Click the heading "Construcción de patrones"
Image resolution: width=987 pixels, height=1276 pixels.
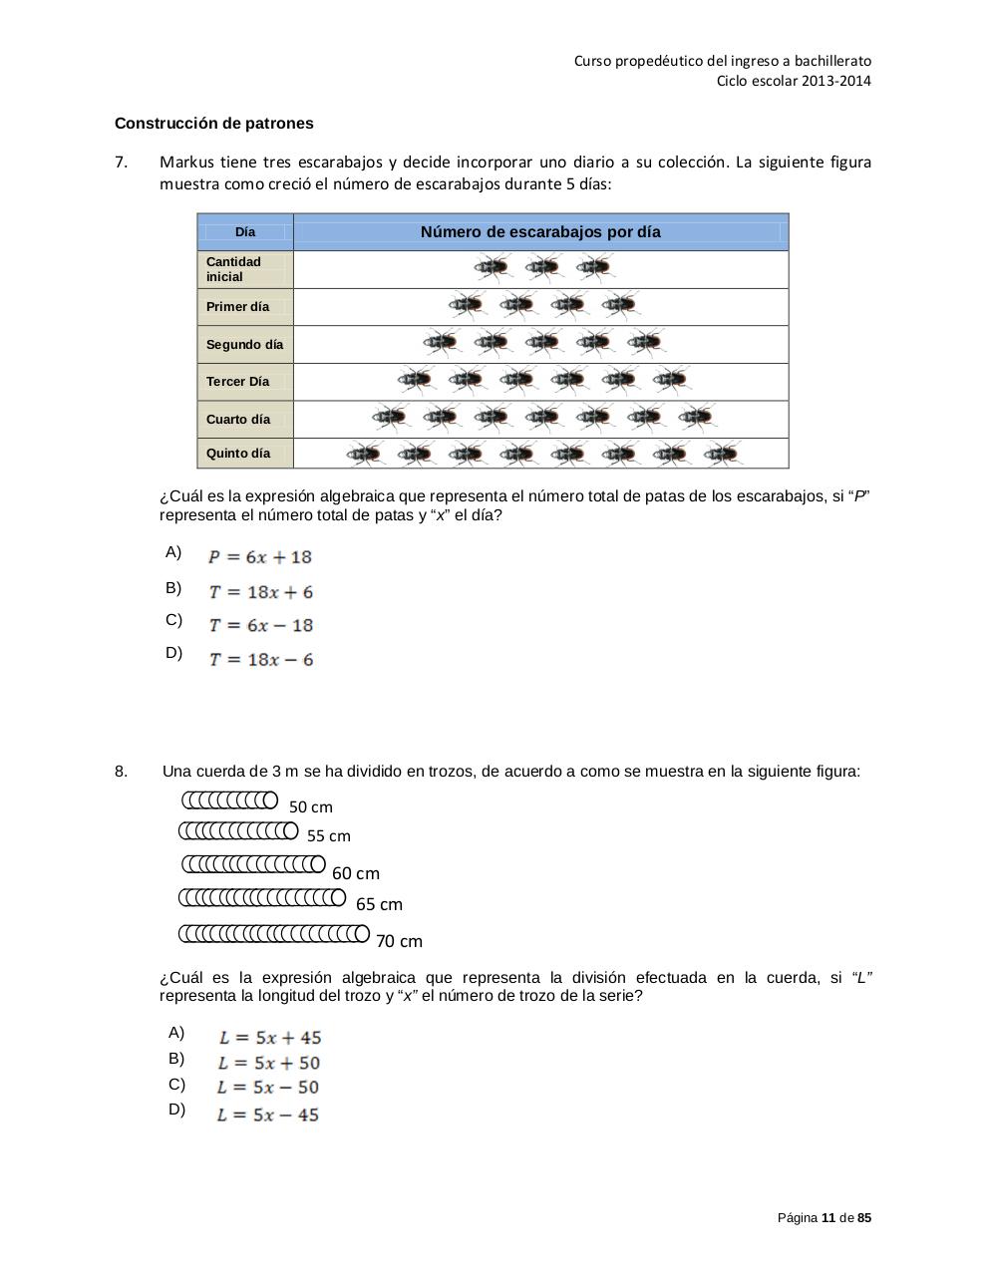tap(213, 124)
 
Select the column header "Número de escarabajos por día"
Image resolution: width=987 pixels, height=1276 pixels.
tap(540, 232)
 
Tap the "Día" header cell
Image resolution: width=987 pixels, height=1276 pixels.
tap(245, 232)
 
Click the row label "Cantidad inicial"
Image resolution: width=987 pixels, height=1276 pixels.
tap(234, 269)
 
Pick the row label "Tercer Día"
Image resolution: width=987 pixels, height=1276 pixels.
tap(237, 382)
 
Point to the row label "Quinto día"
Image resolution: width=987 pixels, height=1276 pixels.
tap(237, 454)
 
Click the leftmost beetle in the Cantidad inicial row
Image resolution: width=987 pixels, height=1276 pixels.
tap(492, 267)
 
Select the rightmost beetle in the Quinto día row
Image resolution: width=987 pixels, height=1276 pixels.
tap(721, 455)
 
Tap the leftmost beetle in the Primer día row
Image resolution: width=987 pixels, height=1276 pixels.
tap(466, 305)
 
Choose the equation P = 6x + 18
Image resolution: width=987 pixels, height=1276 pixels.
tap(260, 557)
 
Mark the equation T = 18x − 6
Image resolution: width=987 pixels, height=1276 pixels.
tap(261, 660)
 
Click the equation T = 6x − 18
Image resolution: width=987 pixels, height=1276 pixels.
tap(261, 626)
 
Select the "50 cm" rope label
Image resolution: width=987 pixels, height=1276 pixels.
tap(311, 807)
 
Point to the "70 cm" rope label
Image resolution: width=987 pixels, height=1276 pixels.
tap(399, 941)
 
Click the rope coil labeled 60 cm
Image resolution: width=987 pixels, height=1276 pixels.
tap(253, 863)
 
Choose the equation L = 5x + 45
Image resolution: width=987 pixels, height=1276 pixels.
tap(270, 1038)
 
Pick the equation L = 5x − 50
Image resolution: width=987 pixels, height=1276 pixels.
tap(268, 1088)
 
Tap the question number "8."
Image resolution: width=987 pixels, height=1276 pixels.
tap(121, 772)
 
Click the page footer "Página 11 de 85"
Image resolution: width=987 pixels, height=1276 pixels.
tap(823, 1218)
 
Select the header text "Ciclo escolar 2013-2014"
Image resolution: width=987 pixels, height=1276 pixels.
tap(794, 81)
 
